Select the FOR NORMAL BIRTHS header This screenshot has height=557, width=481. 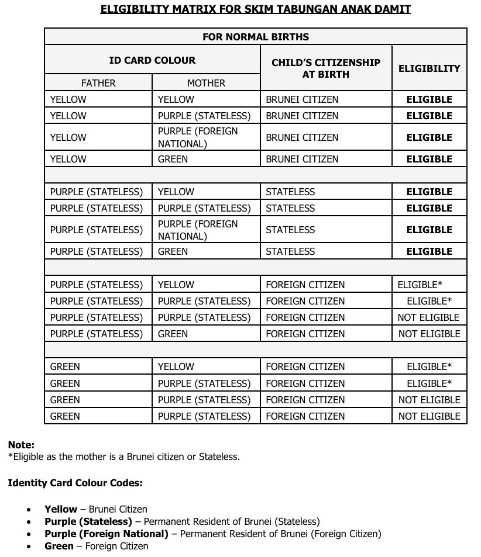click(256, 37)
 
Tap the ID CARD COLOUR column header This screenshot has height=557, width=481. click(152, 60)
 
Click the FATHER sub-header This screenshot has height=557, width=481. click(98, 83)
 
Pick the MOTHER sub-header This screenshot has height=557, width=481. click(206, 83)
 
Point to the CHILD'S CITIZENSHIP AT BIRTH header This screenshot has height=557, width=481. click(326, 68)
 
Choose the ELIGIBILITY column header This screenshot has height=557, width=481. click(429, 68)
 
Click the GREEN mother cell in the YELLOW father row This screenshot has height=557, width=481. click(173, 159)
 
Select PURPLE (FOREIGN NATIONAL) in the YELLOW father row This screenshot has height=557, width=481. click(198, 137)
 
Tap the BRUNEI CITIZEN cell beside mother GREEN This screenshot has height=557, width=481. click(302, 159)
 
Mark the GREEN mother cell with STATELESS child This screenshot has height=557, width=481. click(173, 251)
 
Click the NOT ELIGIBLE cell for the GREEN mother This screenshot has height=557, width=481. click(429, 334)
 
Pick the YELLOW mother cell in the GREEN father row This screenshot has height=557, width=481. click(176, 366)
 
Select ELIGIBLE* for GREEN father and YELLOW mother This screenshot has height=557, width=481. click(429, 366)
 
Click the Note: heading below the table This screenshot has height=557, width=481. click(21, 445)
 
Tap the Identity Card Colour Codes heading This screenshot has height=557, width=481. click(75, 483)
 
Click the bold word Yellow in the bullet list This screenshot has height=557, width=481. click(61, 509)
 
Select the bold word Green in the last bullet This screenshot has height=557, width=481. click(59, 546)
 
